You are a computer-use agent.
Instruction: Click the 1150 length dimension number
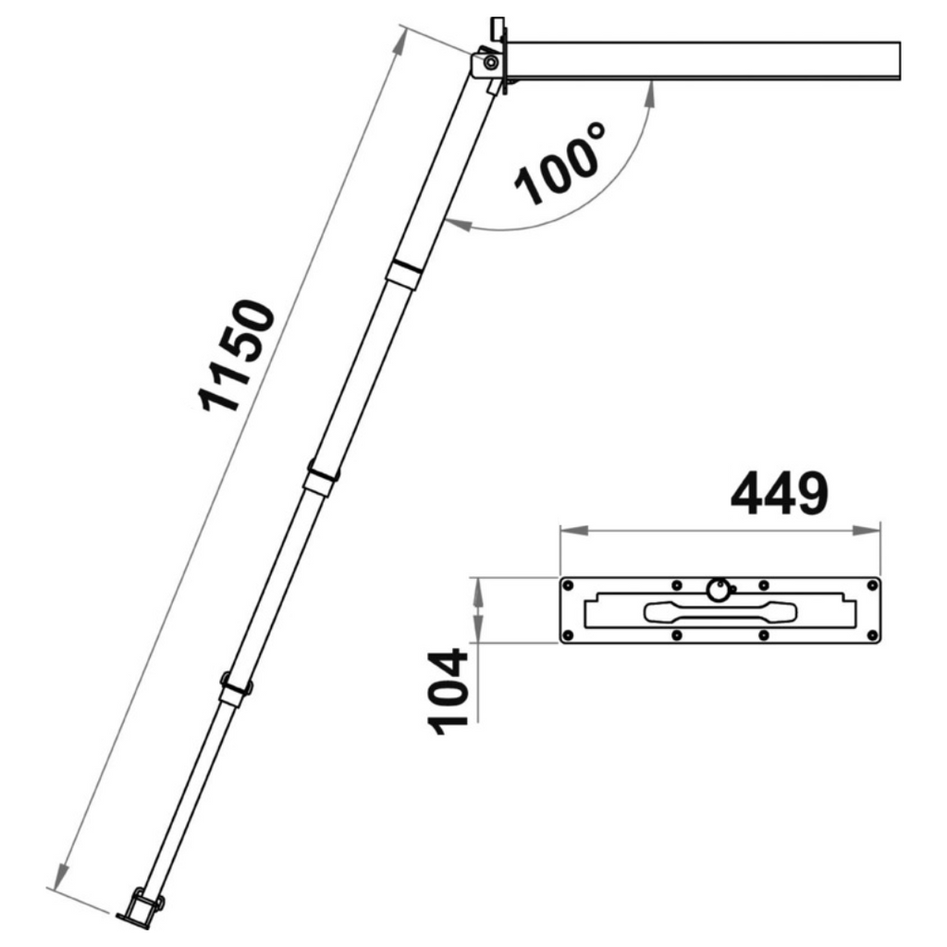(237, 356)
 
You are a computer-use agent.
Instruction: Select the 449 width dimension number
(780, 494)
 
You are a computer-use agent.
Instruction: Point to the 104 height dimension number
(448, 691)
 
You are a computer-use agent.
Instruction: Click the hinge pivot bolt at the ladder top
(490, 62)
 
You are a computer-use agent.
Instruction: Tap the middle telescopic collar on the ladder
(321, 479)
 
